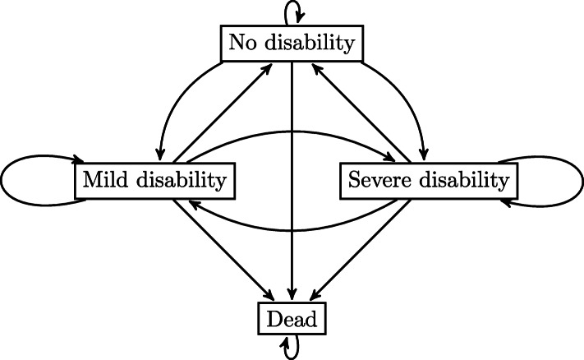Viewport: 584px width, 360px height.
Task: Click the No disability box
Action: tap(292, 43)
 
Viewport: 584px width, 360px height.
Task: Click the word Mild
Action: tap(104, 178)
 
